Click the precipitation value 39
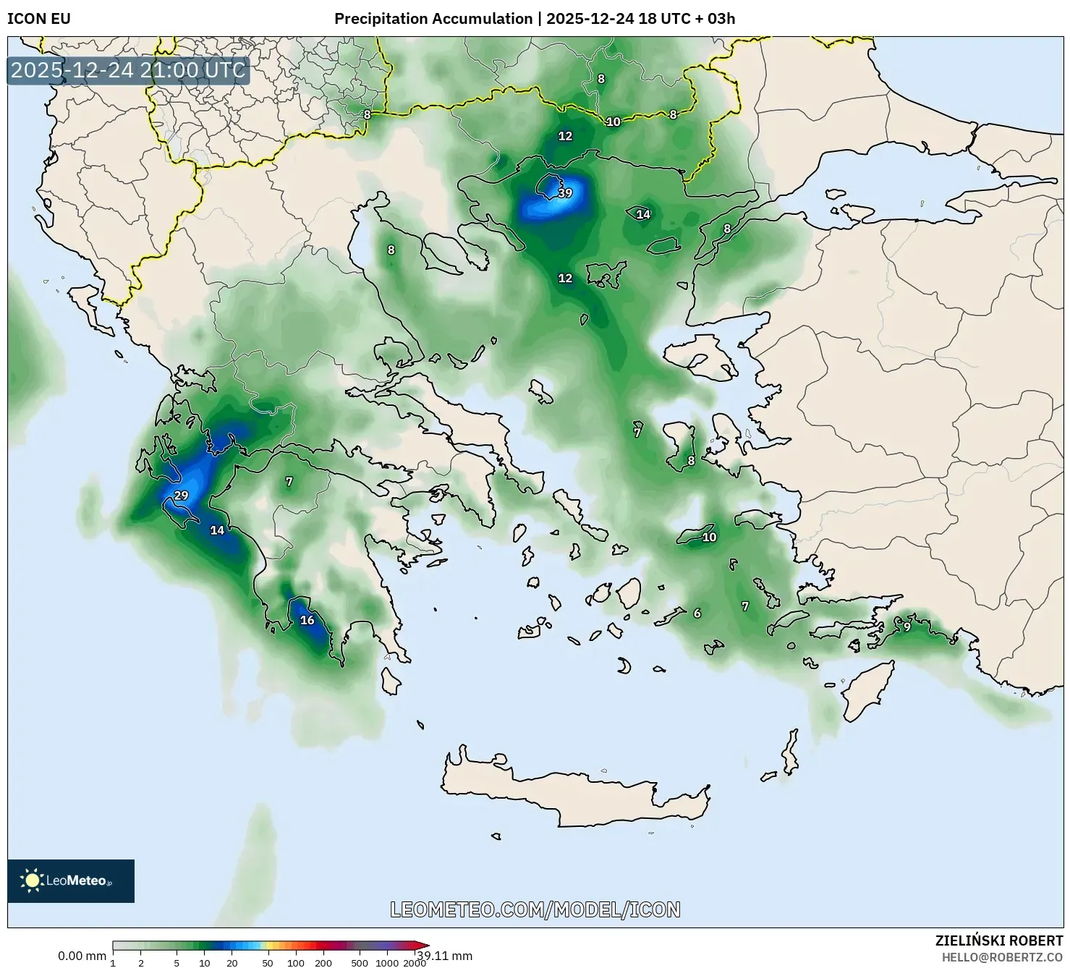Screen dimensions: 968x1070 tap(565, 193)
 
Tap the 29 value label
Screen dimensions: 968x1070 tap(181, 496)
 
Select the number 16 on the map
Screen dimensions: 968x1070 tap(307, 620)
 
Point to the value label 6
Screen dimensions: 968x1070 tap(697, 614)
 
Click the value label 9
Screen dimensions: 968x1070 tap(907, 627)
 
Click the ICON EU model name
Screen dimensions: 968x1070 tap(39, 19)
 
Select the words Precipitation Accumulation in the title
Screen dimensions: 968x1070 tap(433, 19)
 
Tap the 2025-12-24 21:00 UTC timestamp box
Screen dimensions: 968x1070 tap(128, 70)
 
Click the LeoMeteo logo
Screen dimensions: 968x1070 tap(71, 880)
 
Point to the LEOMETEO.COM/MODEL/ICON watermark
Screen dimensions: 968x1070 tap(535, 909)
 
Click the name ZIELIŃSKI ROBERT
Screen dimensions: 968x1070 tap(999, 941)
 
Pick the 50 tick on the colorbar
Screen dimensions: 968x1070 tap(268, 963)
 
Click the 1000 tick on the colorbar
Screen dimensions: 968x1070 tap(386, 963)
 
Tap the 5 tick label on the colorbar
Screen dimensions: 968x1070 tap(177, 963)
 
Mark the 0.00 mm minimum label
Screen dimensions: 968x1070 tap(82, 956)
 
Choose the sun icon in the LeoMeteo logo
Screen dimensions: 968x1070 tap(32, 880)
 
